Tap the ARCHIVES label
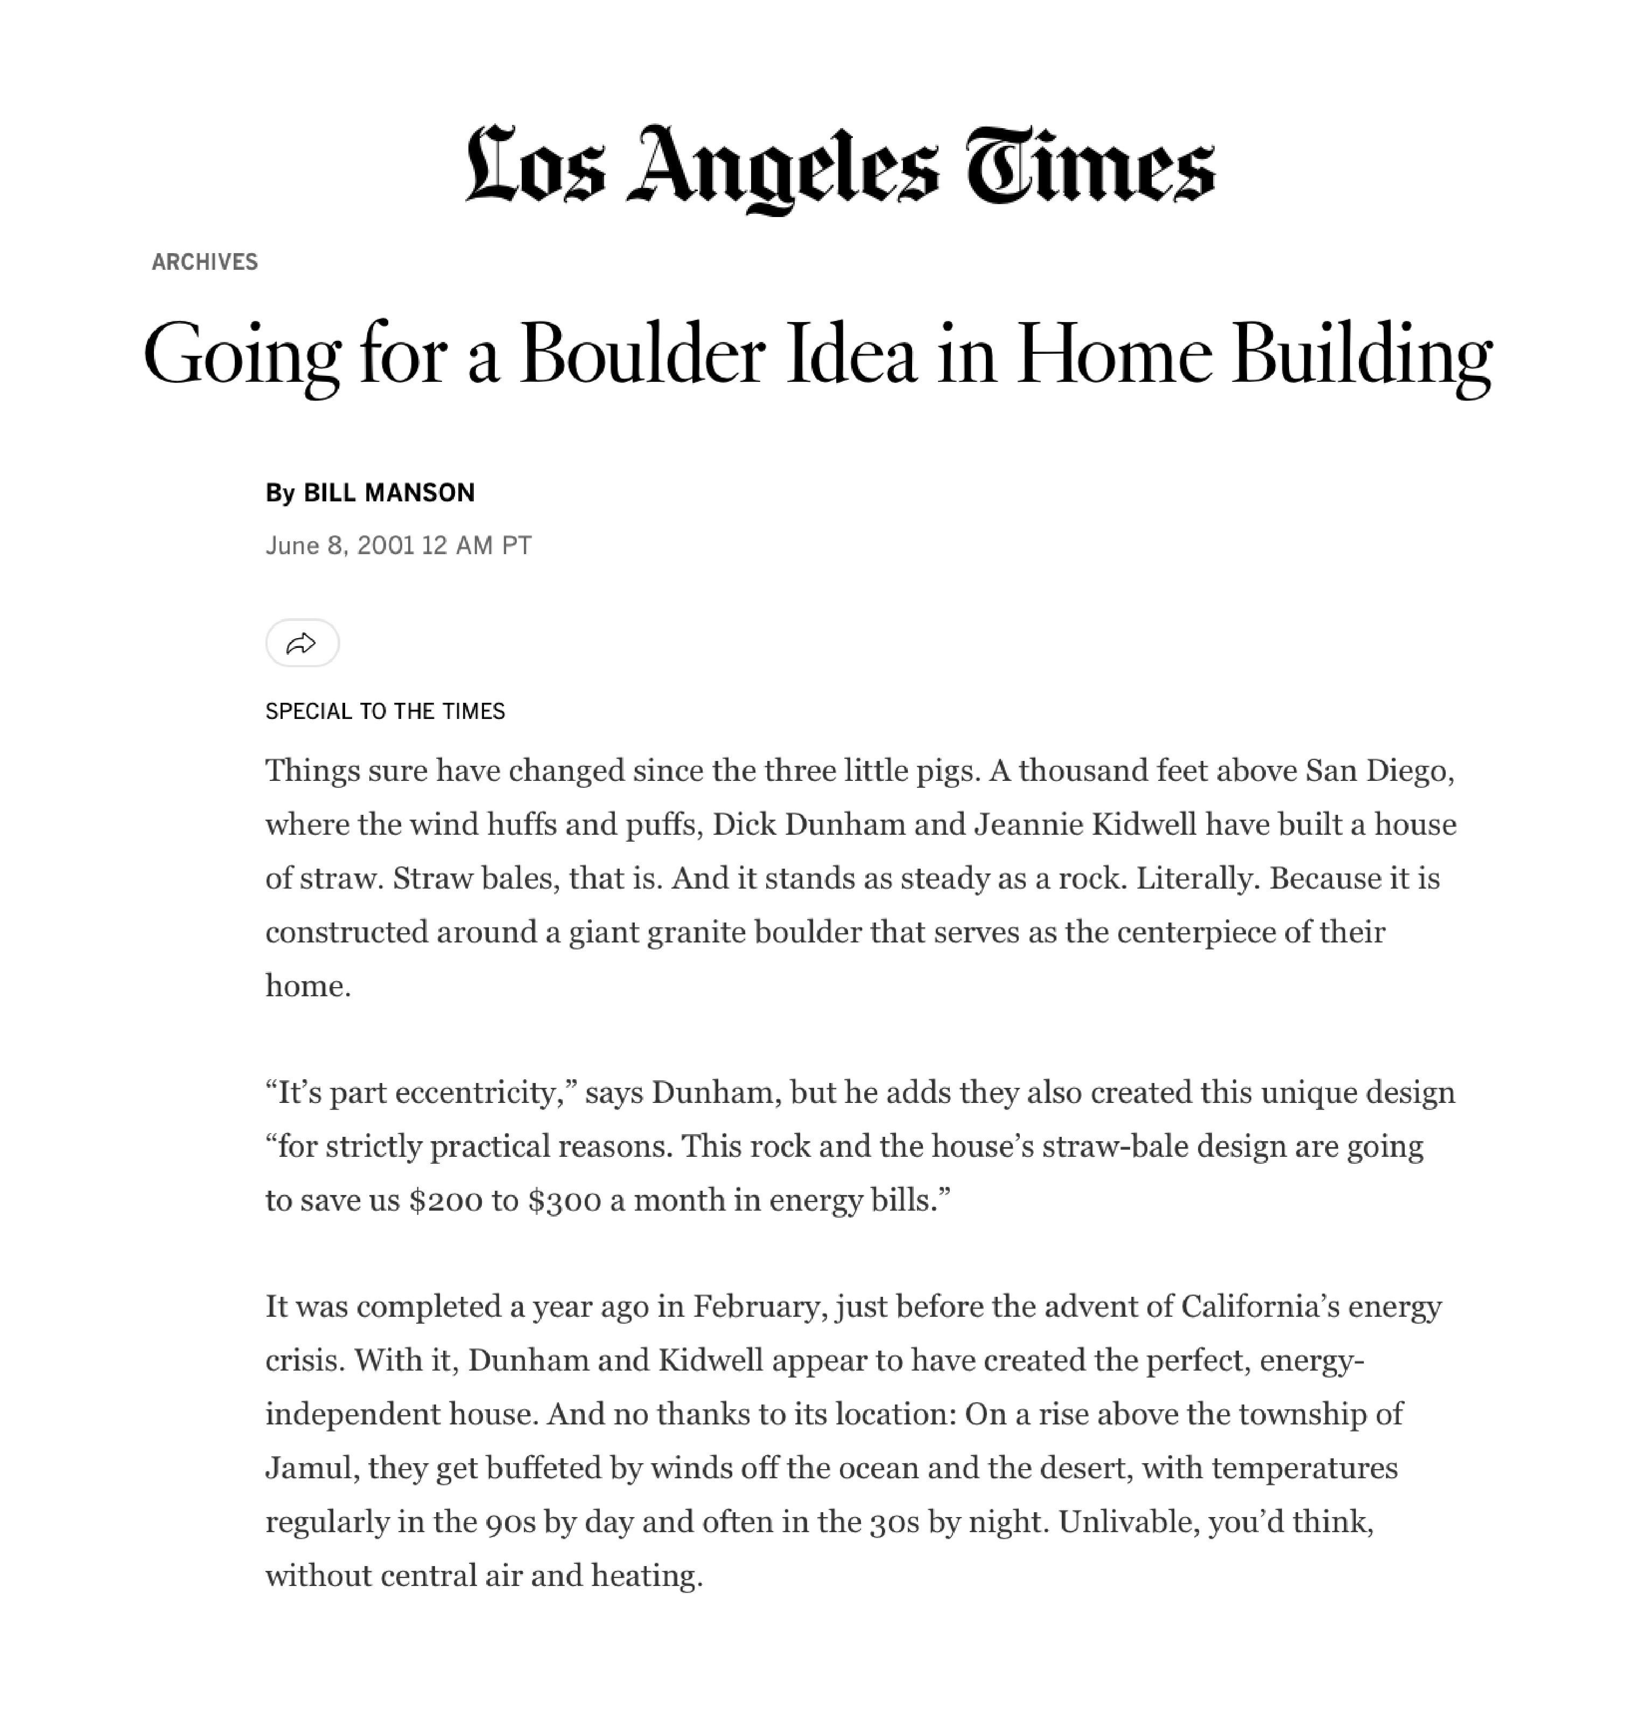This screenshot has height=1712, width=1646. pyautogui.click(x=204, y=262)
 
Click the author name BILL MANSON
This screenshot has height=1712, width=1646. pyautogui.click(x=389, y=493)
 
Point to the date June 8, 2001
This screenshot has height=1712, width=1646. pyautogui.click(x=339, y=546)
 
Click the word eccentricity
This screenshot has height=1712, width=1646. pyautogui.click(x=486, y=1093)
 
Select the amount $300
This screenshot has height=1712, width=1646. pyautogui.click(x=564, y=1200)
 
